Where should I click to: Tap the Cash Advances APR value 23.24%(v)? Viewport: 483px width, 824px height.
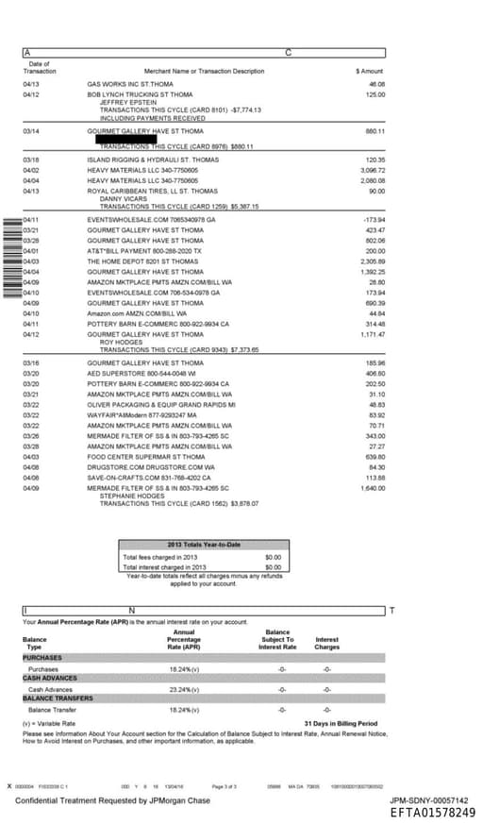click(184, 690)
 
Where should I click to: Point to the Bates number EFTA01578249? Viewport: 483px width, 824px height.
click(433, 812)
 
